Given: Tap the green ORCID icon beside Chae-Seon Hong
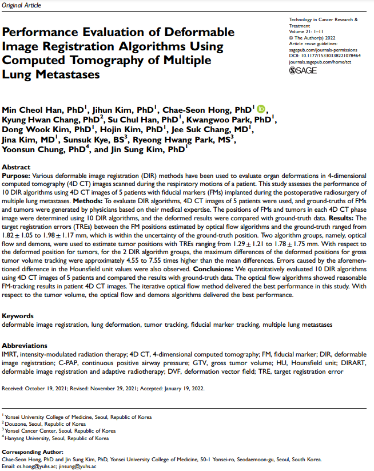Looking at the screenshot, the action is coord(261,109).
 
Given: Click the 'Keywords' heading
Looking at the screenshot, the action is coord(18,316).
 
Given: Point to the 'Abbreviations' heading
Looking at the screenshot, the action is coord(25,345).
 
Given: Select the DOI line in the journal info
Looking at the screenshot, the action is coord(325,56).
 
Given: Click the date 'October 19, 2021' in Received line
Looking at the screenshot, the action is coord(47,388).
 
